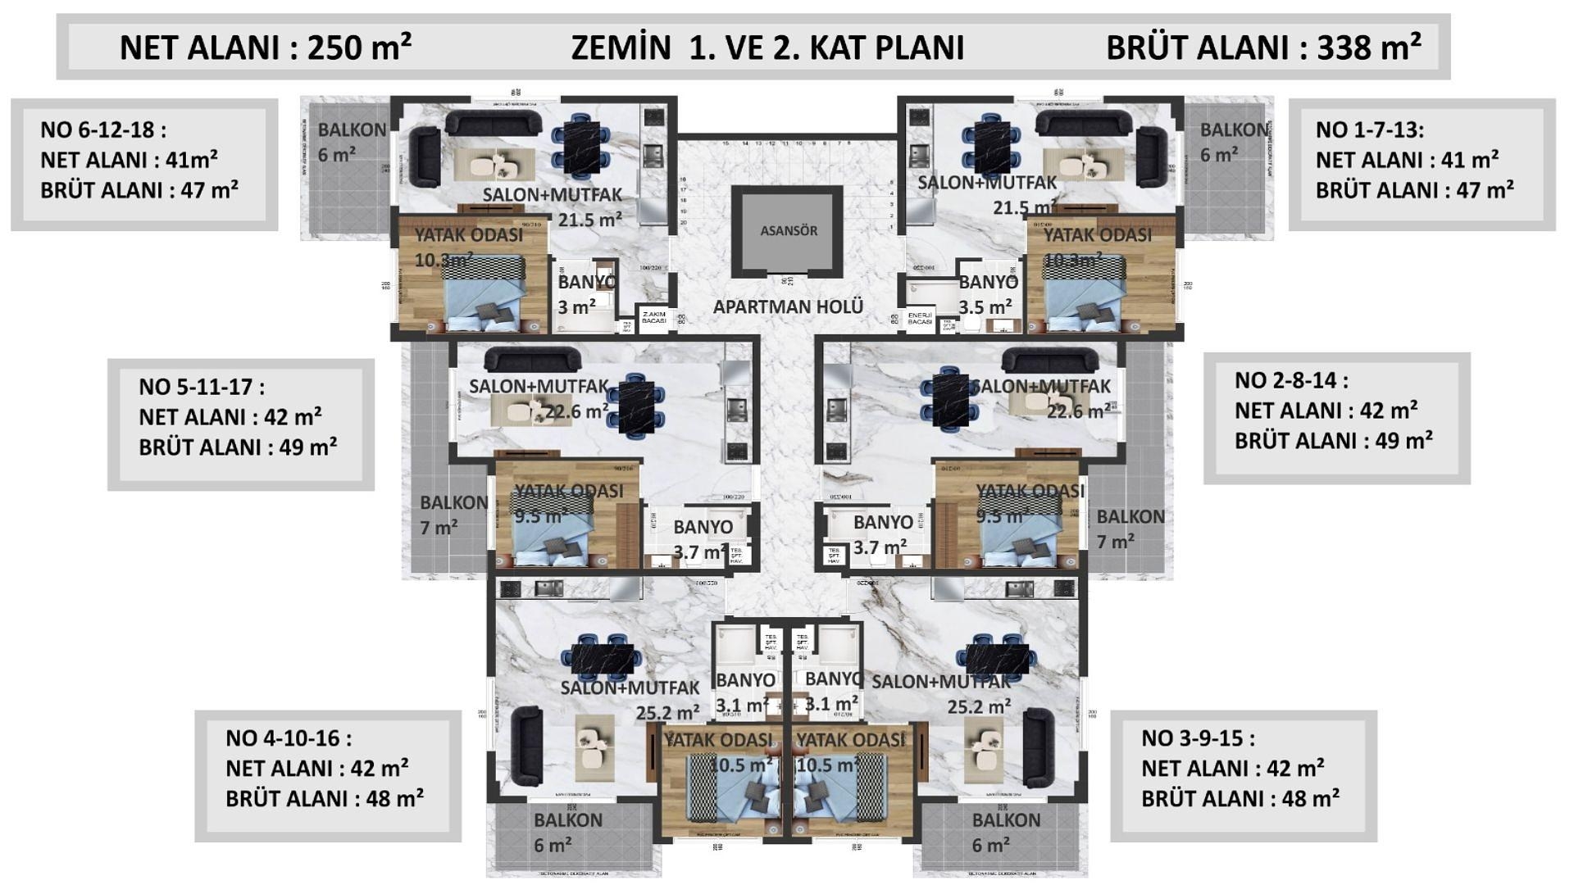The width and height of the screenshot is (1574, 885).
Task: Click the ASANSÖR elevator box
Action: [x=788, y=230]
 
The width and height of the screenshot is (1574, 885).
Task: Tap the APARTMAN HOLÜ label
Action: [x=788, y=306]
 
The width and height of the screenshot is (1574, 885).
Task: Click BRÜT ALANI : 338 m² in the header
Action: [x=1263, y=48]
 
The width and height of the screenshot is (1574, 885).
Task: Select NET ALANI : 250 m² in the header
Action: [x=266, y=48]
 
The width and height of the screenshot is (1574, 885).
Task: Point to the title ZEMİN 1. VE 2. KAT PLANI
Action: [x=767, y=48]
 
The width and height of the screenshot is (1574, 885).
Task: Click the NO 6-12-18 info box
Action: [x=144, y=165]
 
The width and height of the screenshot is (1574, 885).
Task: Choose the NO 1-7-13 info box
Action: [x=1422, y=165]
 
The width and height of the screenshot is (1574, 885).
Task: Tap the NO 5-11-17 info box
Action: [x=241, y=424]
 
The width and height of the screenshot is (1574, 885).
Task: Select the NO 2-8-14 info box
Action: [x=1336, y=418]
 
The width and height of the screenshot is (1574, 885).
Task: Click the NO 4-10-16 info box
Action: [x=328, y=776]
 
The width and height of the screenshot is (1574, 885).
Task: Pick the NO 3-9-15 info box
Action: [x=1244, y=776]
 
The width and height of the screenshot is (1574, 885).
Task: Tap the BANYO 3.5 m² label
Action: [x=987, y=294]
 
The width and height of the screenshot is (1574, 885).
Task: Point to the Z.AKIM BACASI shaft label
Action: [x=654, y=318]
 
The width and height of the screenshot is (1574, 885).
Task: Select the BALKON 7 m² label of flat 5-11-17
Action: [x=451, y=515]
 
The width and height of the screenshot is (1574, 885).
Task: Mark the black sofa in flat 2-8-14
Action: [x=1049, y=361]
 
